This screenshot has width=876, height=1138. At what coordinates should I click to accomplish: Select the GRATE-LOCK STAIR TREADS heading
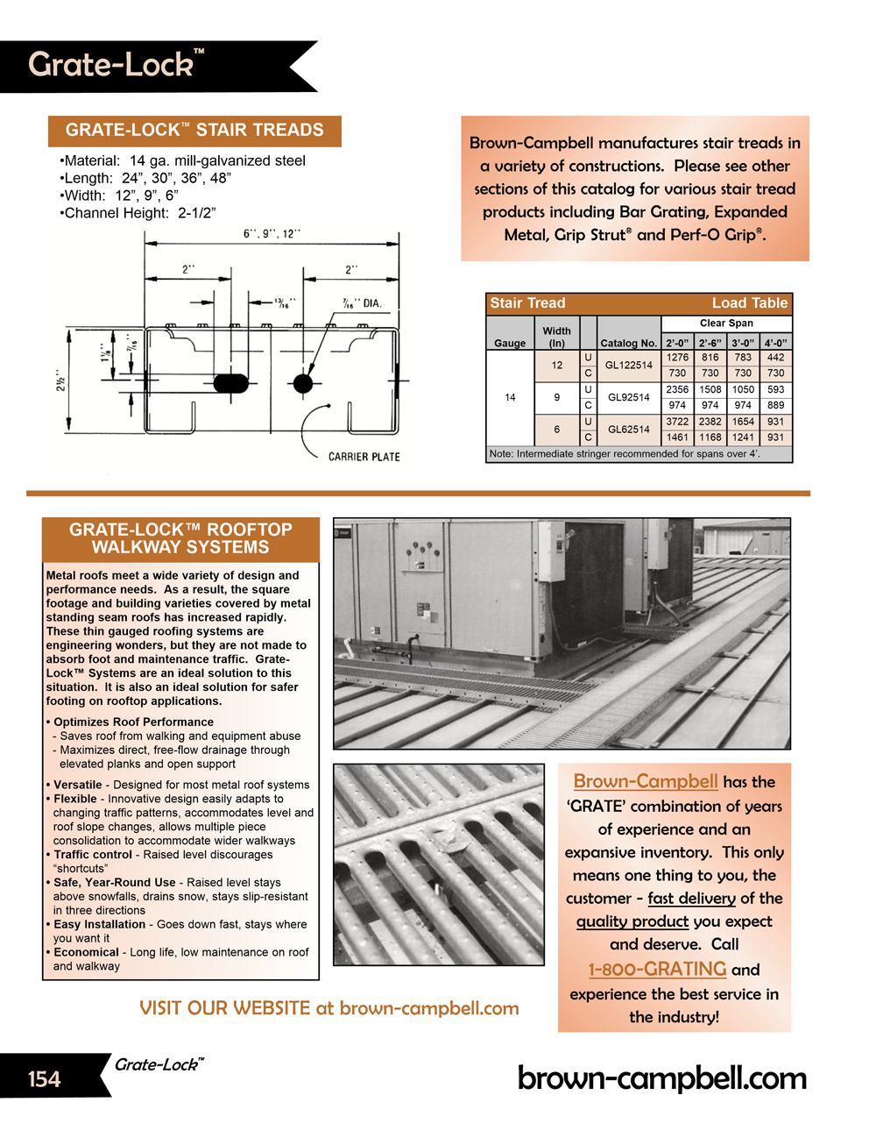[194, 131]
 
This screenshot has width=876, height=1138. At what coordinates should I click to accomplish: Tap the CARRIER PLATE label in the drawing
[364, 457]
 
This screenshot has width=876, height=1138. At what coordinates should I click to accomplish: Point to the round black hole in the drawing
[303, 383]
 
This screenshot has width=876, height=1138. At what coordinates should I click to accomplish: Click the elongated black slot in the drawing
[231, 383]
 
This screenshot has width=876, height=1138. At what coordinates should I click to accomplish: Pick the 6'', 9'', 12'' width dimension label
[272, 234]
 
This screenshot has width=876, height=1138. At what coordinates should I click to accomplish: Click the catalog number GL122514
[628, 366]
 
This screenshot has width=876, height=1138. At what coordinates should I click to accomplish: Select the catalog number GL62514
[628, 430]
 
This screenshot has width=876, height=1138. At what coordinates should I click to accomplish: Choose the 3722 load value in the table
[677, 422]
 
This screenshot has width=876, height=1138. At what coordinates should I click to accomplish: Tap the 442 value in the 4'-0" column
[775, 358]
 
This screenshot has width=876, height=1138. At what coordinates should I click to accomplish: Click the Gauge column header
[510, 343]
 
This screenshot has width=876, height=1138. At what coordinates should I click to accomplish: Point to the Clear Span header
[726, 324]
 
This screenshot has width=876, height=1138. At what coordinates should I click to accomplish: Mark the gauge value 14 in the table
[510, 397]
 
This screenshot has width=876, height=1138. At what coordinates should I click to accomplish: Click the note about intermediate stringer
[625, 454]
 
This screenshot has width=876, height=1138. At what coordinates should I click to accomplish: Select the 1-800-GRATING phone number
[657, 969]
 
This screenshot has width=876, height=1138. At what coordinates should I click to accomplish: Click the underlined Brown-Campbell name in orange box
[646, 781]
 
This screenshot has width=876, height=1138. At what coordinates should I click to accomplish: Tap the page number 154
[44, 1079]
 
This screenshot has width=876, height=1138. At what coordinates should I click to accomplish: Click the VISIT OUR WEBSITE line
[328, 1008]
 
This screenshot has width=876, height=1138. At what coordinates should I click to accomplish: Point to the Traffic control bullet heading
[93, 855]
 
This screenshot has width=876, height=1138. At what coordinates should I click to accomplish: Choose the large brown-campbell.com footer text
[661, 1078]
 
